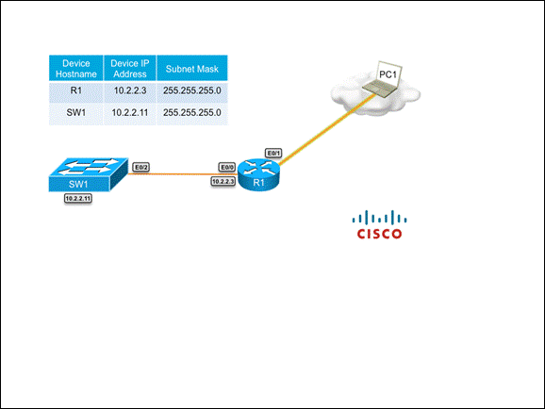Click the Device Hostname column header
pyautogui.click(x=76, y=69)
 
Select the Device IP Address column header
pyautogui.click(x=130, y=69)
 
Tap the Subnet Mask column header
pyautogui.click(x=192, y=69)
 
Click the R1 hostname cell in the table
pyautogui.click(x=76, y=90)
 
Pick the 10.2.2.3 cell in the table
pyautogui.click(x=130, y=90)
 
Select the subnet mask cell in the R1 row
pyautogui.click(x=192, y=90)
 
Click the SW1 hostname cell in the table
pyautogui.click(x=76, y=112)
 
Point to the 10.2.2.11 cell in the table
pyautogui.click(x=130, y=112)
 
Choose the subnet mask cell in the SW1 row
pyautogui.click(x=192, y=112)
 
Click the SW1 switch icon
pyautogui.click(x=89, y=174)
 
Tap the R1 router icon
pyautogui.click(x=259, y=174)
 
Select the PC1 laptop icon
pyautogui.click(x=382, y=80)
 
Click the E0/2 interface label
pyautogui.click(x=141, y=168)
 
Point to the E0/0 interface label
pyautogui.click(x=227, y=168)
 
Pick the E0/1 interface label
pyautogui.click(x=273, y=153)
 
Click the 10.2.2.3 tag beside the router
pyautogui.click(x=223, y=181)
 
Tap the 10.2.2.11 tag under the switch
pyautogui.click(x=78, y=199)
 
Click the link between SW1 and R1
pyautogui.click(x=183, y=173)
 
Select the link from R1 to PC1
pyautogui.click(x=327, y=129)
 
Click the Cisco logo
pyautogui.click(x=380, y=224)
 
